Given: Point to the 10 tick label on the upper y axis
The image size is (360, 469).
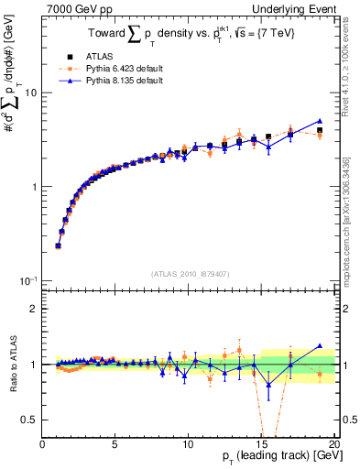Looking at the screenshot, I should coord(31,93).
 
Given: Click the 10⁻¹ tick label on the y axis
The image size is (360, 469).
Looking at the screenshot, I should coord(28,280).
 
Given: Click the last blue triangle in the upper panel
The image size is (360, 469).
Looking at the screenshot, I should coord(319,121).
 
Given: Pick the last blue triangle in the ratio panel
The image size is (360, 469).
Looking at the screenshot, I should coord(319,346).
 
